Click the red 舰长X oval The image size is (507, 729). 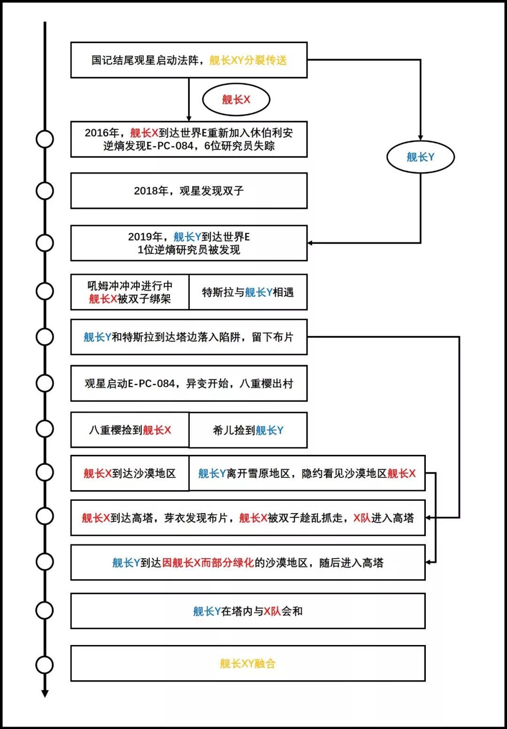(x=236, y=100)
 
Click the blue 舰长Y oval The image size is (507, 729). (x=420, y=157)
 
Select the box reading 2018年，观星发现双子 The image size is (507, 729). (x=189, y=191)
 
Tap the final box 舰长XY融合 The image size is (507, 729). (x=248, y=663)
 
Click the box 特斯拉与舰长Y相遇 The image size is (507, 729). (x=248, y=292)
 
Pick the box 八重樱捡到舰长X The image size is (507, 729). (x=130, y=430)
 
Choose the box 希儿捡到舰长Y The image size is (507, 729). (x=248, y=430)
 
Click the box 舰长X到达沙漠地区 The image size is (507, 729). (x=130, y=473)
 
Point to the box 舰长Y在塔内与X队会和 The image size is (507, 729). (x=248, y=611)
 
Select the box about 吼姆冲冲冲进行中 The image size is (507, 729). (x=130, y=292)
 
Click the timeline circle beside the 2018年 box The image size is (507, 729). (x=45, y=191)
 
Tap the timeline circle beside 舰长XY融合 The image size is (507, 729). (x=45, y=665)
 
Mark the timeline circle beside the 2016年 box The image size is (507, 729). (x=45, y=139)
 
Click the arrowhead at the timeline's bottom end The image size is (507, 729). (x=45, y=693)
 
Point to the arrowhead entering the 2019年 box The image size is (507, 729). (x=310, y=243)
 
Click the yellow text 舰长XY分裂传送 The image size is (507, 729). (x=248, y=60)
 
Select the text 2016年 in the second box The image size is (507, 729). (x=102, y=133)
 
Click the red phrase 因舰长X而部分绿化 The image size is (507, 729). (x=208, y=562)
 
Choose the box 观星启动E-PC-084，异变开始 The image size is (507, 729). (x=189, y=384)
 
